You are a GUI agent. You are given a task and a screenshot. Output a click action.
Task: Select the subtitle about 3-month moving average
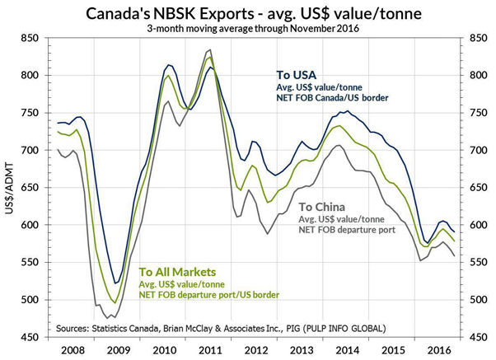tap(248, 27)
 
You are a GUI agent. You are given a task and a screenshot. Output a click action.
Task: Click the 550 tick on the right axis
tap(476, 262)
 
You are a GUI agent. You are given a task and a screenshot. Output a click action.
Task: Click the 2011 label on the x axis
tap(210, 349)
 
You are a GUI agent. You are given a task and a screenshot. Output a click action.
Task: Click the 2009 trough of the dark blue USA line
tap(115, 283)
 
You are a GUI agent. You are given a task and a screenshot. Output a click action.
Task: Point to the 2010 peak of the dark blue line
tap(169, 64)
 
